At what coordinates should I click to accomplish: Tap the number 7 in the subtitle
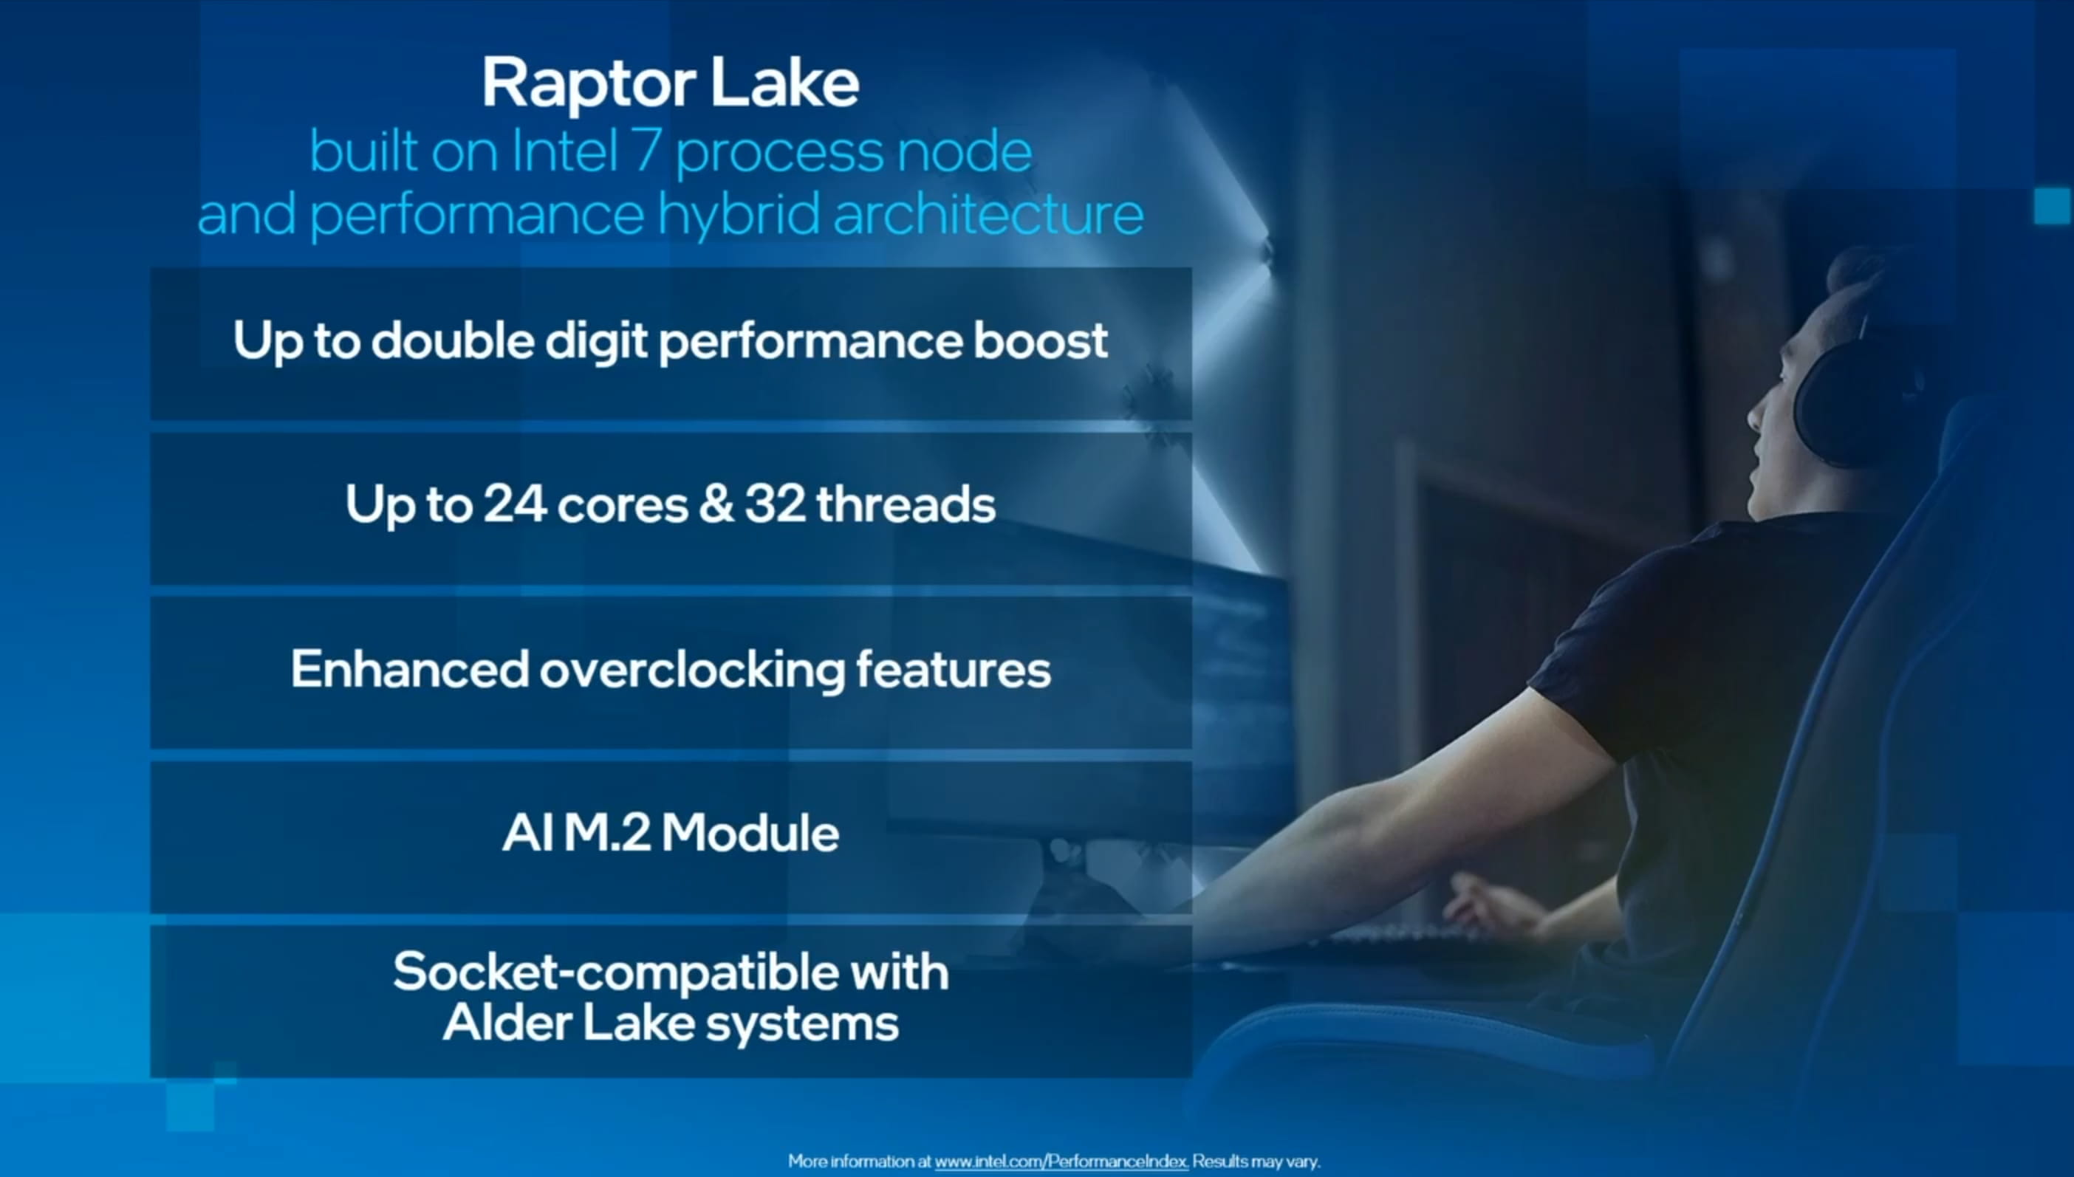coord(646,151)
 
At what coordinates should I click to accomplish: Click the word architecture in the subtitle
coord(988,214)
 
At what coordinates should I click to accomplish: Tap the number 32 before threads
coord(775,504)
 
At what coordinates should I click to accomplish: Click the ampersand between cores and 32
coord(716,504)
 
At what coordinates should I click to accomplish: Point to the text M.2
coord(606,833)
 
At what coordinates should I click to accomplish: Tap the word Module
coord(750,833)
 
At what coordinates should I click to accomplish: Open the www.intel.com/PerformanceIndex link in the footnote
coord(1061,1161)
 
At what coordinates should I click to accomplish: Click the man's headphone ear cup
coord(1852,404)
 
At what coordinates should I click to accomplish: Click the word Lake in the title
coord(784,84)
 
